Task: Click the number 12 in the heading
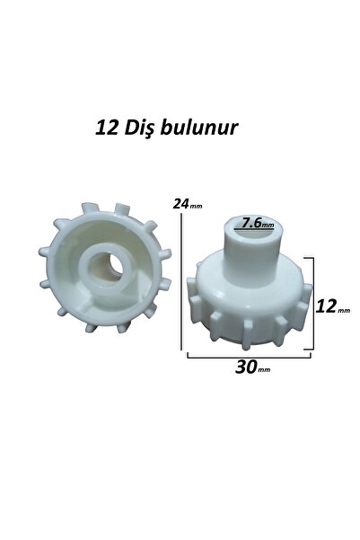105,128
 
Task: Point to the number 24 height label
182,204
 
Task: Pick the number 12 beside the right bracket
327,306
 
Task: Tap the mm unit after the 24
196,206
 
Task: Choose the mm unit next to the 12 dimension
344,309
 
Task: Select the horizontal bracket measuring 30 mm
249,356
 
